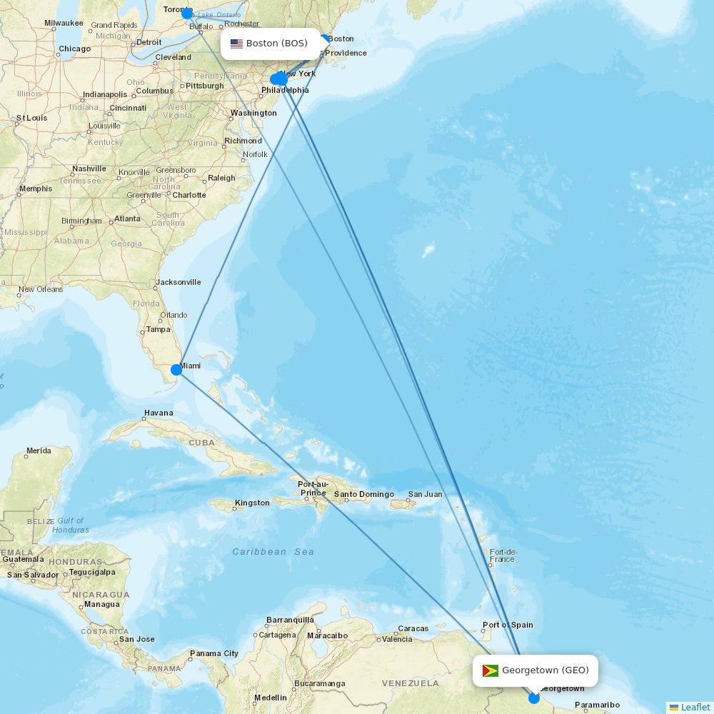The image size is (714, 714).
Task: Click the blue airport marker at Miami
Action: (176, 370)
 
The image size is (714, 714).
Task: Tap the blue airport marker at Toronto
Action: (187, 14)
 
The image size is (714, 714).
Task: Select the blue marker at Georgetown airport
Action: (534, 698)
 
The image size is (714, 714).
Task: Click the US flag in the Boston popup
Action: (236, 44)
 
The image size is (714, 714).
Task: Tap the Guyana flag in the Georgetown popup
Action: (491, 670)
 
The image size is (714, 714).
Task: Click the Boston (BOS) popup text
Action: (277, 44)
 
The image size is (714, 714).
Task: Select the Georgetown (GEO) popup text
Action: (545, 670)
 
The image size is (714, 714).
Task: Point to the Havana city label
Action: (159, 413)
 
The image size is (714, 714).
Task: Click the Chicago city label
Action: (75, 49)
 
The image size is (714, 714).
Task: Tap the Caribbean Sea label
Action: (273, 552)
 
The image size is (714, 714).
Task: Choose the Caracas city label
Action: (413, 629)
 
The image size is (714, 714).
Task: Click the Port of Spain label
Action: (508, 625)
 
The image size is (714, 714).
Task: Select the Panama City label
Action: (214, 654)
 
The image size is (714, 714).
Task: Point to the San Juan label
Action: (426, 494)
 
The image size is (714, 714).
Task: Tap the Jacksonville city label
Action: (178, 283)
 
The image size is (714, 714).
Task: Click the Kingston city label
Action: (253, 503)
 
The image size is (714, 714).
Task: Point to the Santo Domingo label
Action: (364, 495)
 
